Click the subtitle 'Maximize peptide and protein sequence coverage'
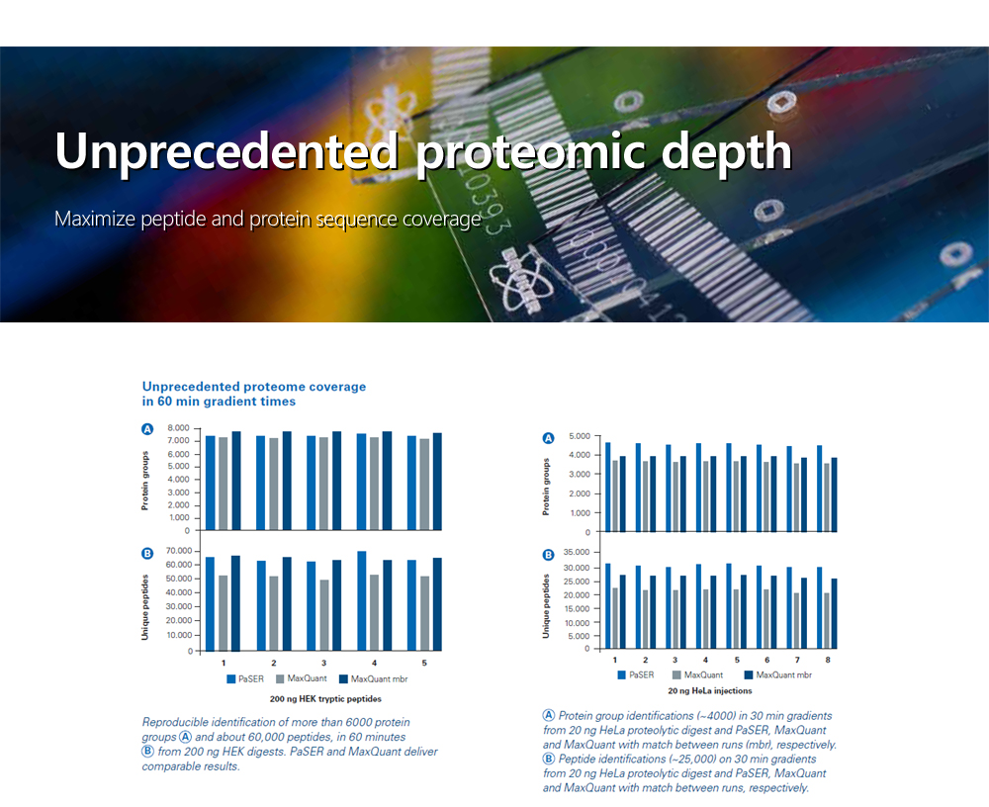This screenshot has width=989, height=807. (x=267, y=219)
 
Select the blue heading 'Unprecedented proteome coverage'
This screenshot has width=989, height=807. (x=254, y=386)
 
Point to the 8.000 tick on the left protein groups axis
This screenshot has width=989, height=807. (x=178, y=428)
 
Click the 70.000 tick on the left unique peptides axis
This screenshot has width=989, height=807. (x=178, y=551)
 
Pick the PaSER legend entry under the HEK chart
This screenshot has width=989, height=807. (x=245, y=678)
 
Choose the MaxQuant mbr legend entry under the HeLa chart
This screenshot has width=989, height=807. (x=778, y=675)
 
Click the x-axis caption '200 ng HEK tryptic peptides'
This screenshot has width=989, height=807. (x=325, y=699)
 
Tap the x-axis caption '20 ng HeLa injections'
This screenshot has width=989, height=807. (x=709, y=691)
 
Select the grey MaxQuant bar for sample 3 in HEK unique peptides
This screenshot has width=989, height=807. (x=324, y=615)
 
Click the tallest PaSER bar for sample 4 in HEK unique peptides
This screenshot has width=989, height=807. (x=361, y=600)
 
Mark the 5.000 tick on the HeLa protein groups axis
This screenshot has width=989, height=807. (x=580, y=436)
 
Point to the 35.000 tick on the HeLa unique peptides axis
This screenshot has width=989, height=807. (x=577, y=552)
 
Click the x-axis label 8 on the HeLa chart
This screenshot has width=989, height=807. (x=828, y=660)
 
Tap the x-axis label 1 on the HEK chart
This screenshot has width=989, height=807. (x=224, y=664)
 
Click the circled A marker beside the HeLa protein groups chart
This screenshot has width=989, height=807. (x=549, y=438)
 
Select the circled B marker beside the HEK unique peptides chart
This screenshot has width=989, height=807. (x=147, y=554)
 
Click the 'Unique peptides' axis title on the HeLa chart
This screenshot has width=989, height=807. (x=546, y=606)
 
